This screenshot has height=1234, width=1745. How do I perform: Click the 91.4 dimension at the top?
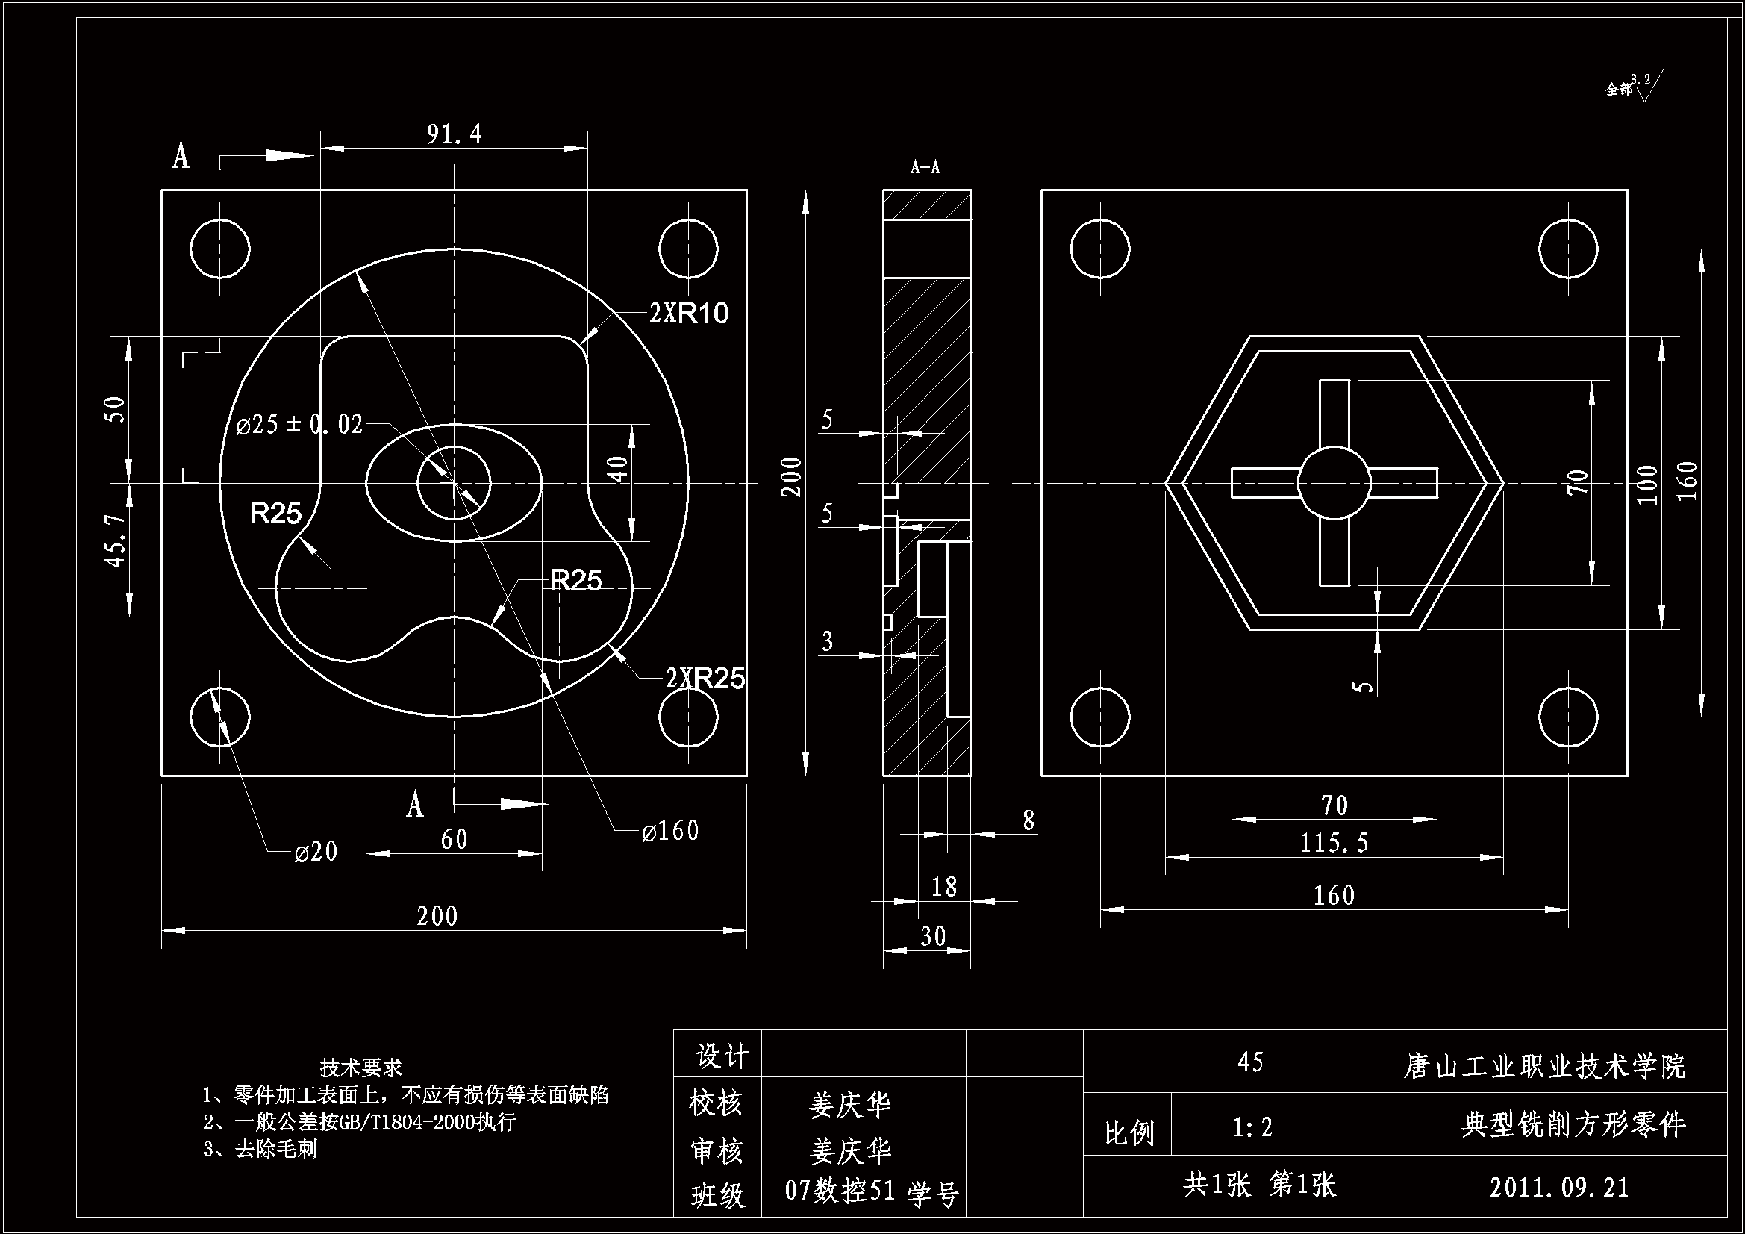tap(454, 134)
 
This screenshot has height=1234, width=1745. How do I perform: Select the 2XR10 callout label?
tap(689, 313)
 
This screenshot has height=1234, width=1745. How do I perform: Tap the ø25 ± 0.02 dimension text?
tap(299, 424)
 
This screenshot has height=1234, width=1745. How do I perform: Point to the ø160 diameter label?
tap(669, 831)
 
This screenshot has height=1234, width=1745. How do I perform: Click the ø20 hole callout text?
tap(316, 851)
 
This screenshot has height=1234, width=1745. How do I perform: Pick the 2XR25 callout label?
tap(705, 677)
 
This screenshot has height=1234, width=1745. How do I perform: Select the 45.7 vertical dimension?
tap(116, 540)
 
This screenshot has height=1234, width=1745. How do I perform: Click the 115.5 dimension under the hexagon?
tap(1334, 842)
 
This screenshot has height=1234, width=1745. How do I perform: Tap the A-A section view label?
tap(925, 167)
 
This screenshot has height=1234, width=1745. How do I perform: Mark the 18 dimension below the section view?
tap(944, 886)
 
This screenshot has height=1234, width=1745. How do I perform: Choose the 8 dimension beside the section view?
tap(1028, 820)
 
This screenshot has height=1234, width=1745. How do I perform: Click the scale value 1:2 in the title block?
tap(1252, 1126)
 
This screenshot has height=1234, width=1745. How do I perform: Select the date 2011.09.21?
tap(1560, 1187)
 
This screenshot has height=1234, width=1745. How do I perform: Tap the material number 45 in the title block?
tap(1250, 1062)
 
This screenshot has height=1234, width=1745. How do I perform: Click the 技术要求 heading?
tap(361, 1068)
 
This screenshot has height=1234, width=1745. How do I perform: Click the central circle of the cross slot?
tap(1334, 483)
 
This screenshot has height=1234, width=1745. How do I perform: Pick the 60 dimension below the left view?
tap(454, 838)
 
